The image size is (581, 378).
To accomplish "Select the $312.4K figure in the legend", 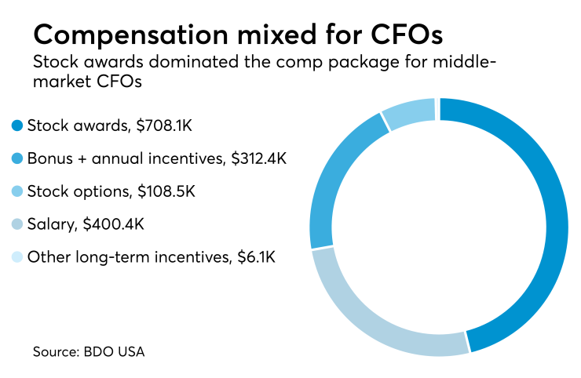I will point(258,158).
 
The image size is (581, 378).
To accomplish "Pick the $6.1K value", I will point(259,256).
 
